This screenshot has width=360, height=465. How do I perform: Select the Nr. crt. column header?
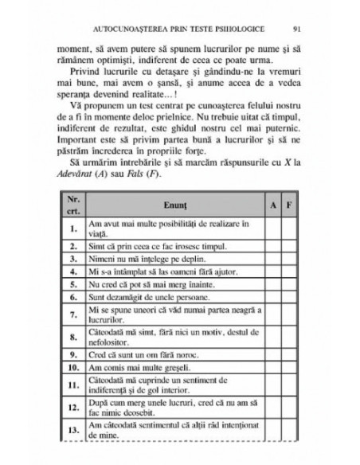pos(72,205)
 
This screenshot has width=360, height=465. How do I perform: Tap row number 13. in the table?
pos(72,431)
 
